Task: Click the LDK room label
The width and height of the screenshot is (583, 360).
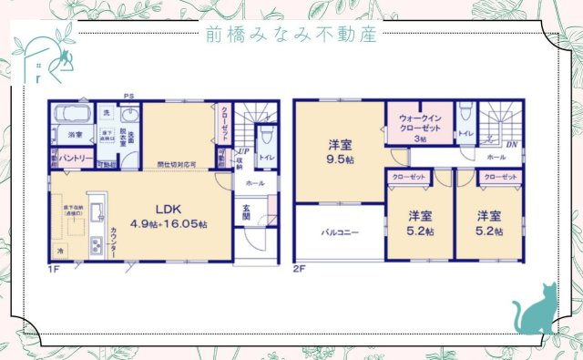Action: coord(169,208)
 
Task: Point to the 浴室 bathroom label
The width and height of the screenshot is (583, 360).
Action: coord(74,135)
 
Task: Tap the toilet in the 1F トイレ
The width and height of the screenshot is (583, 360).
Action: coord(266,137)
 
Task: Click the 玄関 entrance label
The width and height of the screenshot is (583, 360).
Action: coord(246,211)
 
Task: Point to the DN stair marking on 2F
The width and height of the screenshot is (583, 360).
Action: coord(512,143)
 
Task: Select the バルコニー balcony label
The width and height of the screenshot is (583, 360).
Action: coord(340,232)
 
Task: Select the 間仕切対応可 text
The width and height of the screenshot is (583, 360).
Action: coord(177,165)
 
